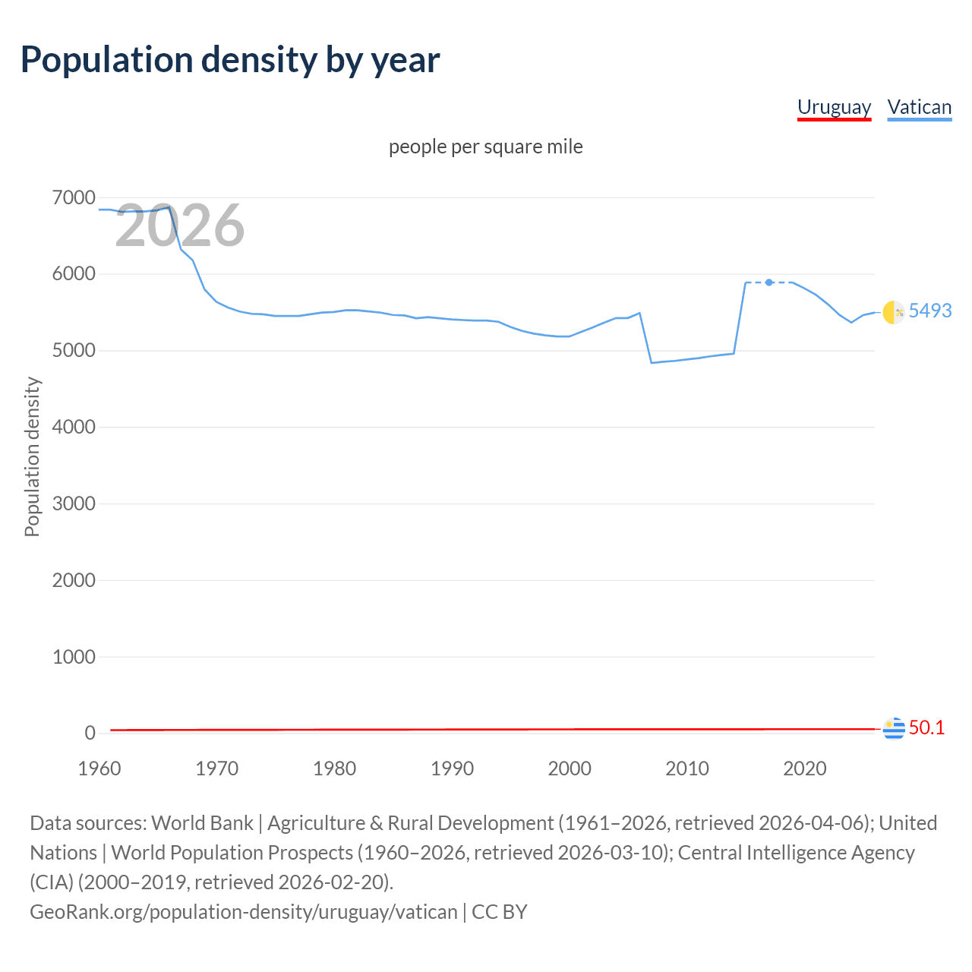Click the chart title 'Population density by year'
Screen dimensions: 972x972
click(x=230, y=60)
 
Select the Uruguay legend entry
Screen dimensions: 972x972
click(x=834, y=107)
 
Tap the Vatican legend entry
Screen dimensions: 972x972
click(x=919, y=107)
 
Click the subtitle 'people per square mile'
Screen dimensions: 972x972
click(x=485, y=147)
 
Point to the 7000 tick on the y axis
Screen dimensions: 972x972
click(x=74, y=198)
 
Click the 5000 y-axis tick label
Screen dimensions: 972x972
click(x=74, y=351)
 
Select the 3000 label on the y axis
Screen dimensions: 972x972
click(x=74, y=503)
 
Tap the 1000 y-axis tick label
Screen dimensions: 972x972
click(x=74, y=657)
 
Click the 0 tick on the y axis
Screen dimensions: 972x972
click(x=90, y=733)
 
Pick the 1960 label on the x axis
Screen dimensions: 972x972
click(x=99, y=768)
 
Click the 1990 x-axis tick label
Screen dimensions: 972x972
click(x=452, y=768)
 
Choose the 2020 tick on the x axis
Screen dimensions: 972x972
click(x=804, y=768)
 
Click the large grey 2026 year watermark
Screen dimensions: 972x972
click(x=180, y=226)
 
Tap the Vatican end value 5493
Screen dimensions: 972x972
click(x=929, y=311)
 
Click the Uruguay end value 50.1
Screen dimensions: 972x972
click(x=926, y=727)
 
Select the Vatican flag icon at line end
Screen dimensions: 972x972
click(x=894, y=311)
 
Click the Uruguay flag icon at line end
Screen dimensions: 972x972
click(x=894, y=728)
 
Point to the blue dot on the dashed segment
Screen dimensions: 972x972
click(x=769, y=282)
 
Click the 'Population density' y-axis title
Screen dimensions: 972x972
click(x=32, y=457)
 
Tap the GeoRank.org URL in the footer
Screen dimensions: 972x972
click(x=243, y=911)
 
